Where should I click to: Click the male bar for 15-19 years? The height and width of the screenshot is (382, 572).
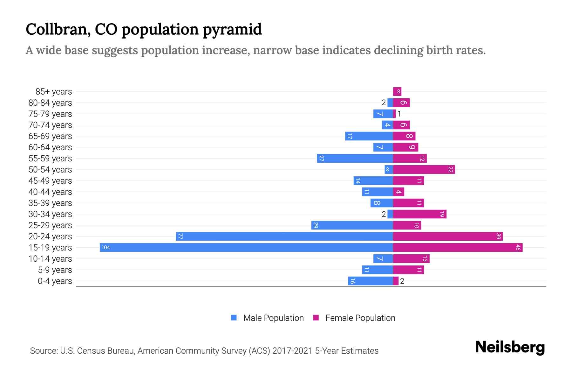[246, 248]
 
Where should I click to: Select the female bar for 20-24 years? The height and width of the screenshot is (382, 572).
[448, 237]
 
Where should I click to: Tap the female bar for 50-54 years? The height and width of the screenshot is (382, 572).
[424, 170]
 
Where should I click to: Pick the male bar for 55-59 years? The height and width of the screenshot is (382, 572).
[355, 159]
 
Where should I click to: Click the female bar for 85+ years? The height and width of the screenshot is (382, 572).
[397, 92]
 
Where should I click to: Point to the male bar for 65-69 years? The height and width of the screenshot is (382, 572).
[369, 136]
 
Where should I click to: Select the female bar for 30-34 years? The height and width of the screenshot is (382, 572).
[419, 214]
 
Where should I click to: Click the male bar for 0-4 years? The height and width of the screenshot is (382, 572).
[371, 281]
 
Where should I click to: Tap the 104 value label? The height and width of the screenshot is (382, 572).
[106, 248]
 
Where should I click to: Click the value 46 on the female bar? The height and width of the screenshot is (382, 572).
[518, 248]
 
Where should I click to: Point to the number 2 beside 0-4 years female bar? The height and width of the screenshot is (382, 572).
[402, 281]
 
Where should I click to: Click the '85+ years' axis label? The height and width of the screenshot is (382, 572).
[54, 92]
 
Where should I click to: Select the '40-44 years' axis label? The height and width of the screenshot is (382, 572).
[50, 192]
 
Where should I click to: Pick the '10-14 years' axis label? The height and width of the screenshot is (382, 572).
[50, 259]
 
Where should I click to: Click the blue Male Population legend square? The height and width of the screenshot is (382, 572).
[234, 318]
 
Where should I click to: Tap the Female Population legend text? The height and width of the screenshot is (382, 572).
[360, 318]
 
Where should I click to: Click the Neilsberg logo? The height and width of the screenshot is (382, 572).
[510, 347]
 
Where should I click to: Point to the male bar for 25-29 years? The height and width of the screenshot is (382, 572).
[352, 225]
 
